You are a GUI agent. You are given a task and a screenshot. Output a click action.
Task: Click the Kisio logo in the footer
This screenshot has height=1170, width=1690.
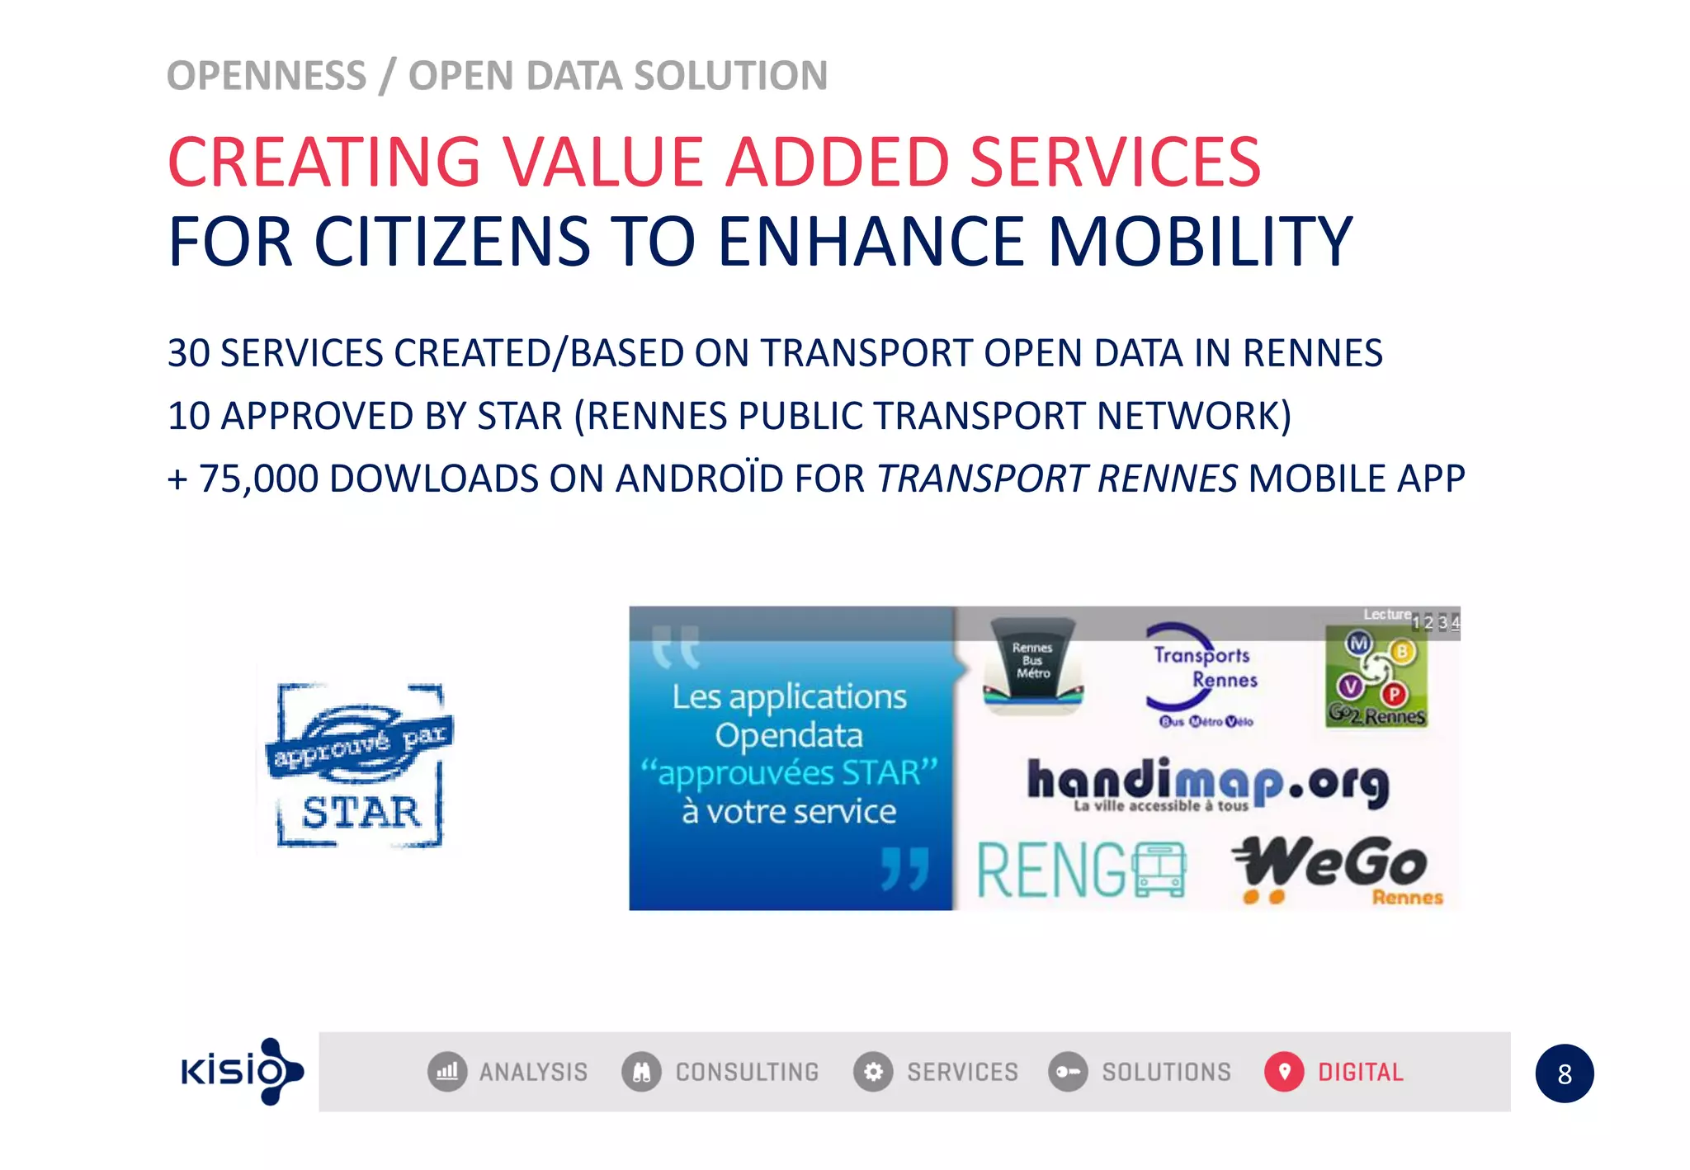[242, 1071]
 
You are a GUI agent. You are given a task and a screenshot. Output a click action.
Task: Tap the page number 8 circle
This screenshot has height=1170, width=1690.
[1564, 1073]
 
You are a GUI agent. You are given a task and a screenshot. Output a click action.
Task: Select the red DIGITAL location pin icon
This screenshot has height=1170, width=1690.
[1283, 1072]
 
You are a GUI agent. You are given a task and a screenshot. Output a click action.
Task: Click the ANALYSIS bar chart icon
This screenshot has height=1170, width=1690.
[447, 1072]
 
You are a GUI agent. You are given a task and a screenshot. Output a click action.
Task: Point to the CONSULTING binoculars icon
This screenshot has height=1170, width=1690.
[641, 1072]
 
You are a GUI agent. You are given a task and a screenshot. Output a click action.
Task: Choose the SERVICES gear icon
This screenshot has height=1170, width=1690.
[873, 1072]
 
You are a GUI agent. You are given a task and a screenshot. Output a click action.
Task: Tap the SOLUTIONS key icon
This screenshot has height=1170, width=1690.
[1068, 1072]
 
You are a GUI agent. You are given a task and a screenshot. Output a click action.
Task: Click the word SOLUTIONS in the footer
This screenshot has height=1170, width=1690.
[1166, 1072]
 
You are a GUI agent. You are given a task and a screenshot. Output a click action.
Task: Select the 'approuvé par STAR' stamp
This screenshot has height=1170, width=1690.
[360, 765]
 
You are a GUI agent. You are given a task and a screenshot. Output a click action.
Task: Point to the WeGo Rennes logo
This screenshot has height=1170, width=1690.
[1337, 869]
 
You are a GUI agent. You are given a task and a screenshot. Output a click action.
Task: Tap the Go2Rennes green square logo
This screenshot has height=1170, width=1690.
[1376, 677]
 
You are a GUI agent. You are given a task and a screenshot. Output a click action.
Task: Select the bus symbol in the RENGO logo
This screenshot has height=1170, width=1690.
[1159, 870]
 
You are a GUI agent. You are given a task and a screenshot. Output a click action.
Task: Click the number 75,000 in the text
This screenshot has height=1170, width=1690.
[258, 479]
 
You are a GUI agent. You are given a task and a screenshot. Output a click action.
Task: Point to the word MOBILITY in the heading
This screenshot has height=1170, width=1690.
[1200, 242]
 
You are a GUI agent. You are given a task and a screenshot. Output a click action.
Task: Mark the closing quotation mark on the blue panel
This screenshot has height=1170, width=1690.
[905, 868]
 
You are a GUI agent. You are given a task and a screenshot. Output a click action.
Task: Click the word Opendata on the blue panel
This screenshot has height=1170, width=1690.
[788, 735]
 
